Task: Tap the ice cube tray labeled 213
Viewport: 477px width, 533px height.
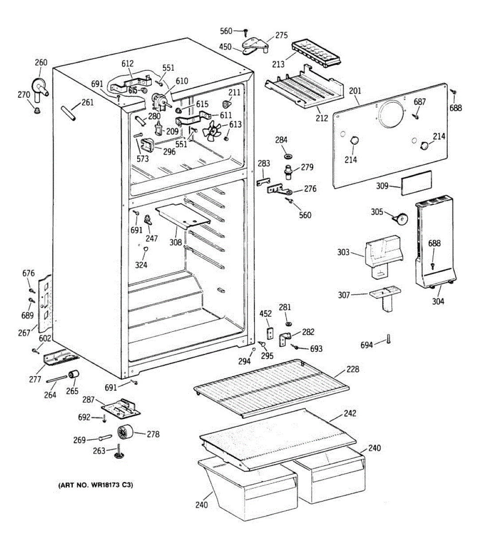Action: click(316, 55)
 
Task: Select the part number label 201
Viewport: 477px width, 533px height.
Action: click(355, 91)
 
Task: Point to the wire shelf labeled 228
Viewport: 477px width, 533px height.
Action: click(272, 388)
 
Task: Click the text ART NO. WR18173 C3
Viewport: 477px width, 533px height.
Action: click(95, 485)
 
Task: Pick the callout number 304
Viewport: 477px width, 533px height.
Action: click(438, 301)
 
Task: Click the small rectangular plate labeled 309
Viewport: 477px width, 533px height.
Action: click(416, 183)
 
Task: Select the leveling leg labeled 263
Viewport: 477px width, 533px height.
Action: click(119, 451)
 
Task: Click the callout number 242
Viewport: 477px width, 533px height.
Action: click(350, 414)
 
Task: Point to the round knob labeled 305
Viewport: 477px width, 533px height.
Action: click(401, 219)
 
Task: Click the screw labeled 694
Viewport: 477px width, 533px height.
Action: click(389, 338)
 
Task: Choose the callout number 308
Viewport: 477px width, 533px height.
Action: click(176, 243)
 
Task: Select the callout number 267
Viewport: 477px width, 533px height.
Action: click(24, 333)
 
